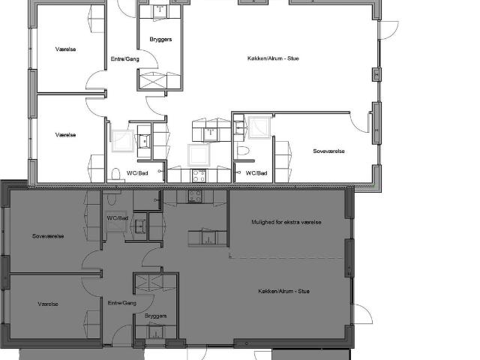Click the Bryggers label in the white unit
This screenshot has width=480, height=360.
pos(160,40)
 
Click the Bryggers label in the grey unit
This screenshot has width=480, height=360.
pos(155,316)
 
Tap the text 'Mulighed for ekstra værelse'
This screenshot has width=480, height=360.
pos(286,222)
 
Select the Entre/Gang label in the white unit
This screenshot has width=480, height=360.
pos(125,59)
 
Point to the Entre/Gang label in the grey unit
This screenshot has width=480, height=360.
pos(121,303)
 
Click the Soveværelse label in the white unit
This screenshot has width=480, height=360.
pos(328,151)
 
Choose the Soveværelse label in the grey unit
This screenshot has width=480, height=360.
pos(48,236)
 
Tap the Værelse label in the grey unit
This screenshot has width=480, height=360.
pos(48,304)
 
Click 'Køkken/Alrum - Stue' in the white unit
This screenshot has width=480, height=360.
pos(273,58)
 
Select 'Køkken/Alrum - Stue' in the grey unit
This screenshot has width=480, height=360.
pos(283,291)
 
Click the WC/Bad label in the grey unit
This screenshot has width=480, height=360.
pos(117,218)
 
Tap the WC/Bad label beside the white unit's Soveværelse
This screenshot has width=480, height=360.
pos(256,173)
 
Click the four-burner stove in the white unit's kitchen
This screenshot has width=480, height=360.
pos(199,175)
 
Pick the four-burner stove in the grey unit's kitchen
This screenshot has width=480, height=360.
pos(195,196)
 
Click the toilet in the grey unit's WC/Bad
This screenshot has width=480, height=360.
pos(112,198)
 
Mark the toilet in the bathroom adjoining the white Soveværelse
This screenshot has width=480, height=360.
pos(243,151)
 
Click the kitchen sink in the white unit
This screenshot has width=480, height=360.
pos(210,134)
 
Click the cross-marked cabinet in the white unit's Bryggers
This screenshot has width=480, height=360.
pos(152,81)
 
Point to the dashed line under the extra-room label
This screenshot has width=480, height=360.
pos(286,258)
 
